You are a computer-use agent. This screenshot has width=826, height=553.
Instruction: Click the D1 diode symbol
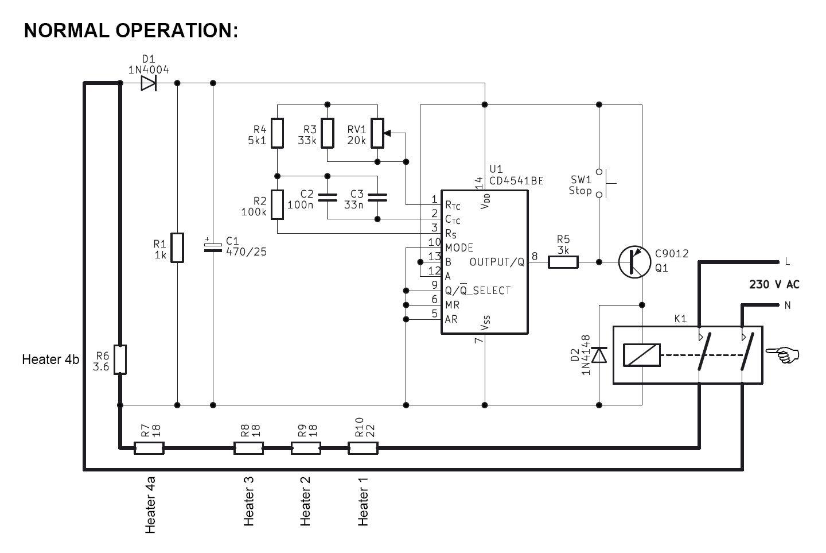click(x=148, y=84)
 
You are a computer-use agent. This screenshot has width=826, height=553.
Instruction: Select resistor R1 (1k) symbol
click(x=177, y=248)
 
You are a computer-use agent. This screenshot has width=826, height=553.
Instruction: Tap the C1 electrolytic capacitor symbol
click(x=213, y=246)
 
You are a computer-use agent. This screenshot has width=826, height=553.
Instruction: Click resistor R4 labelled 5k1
click(x=277, y=133)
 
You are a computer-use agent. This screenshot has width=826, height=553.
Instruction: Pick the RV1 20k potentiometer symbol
click(x=377, y=133)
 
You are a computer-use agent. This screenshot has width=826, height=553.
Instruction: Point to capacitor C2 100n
click(x=327, y=198)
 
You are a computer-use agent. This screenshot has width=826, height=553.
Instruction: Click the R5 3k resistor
click(x=563, y=262)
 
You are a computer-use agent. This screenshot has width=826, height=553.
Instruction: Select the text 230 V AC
click(x=774, y=284)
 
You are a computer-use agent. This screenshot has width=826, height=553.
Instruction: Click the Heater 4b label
click(x=50, y=360)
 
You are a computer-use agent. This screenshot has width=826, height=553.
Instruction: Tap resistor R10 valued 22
click(x=363, y=447)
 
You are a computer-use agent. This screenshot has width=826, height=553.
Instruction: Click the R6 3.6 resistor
click(x=120, y=360)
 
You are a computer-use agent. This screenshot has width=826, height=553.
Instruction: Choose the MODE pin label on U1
click(x=459, y=248)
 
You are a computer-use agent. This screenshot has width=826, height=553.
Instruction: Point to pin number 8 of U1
click(x=535, y=257)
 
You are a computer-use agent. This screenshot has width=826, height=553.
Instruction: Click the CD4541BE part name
click(x=516, y=180)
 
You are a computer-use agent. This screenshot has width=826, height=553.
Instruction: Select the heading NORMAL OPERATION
click(x=131, y=30)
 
